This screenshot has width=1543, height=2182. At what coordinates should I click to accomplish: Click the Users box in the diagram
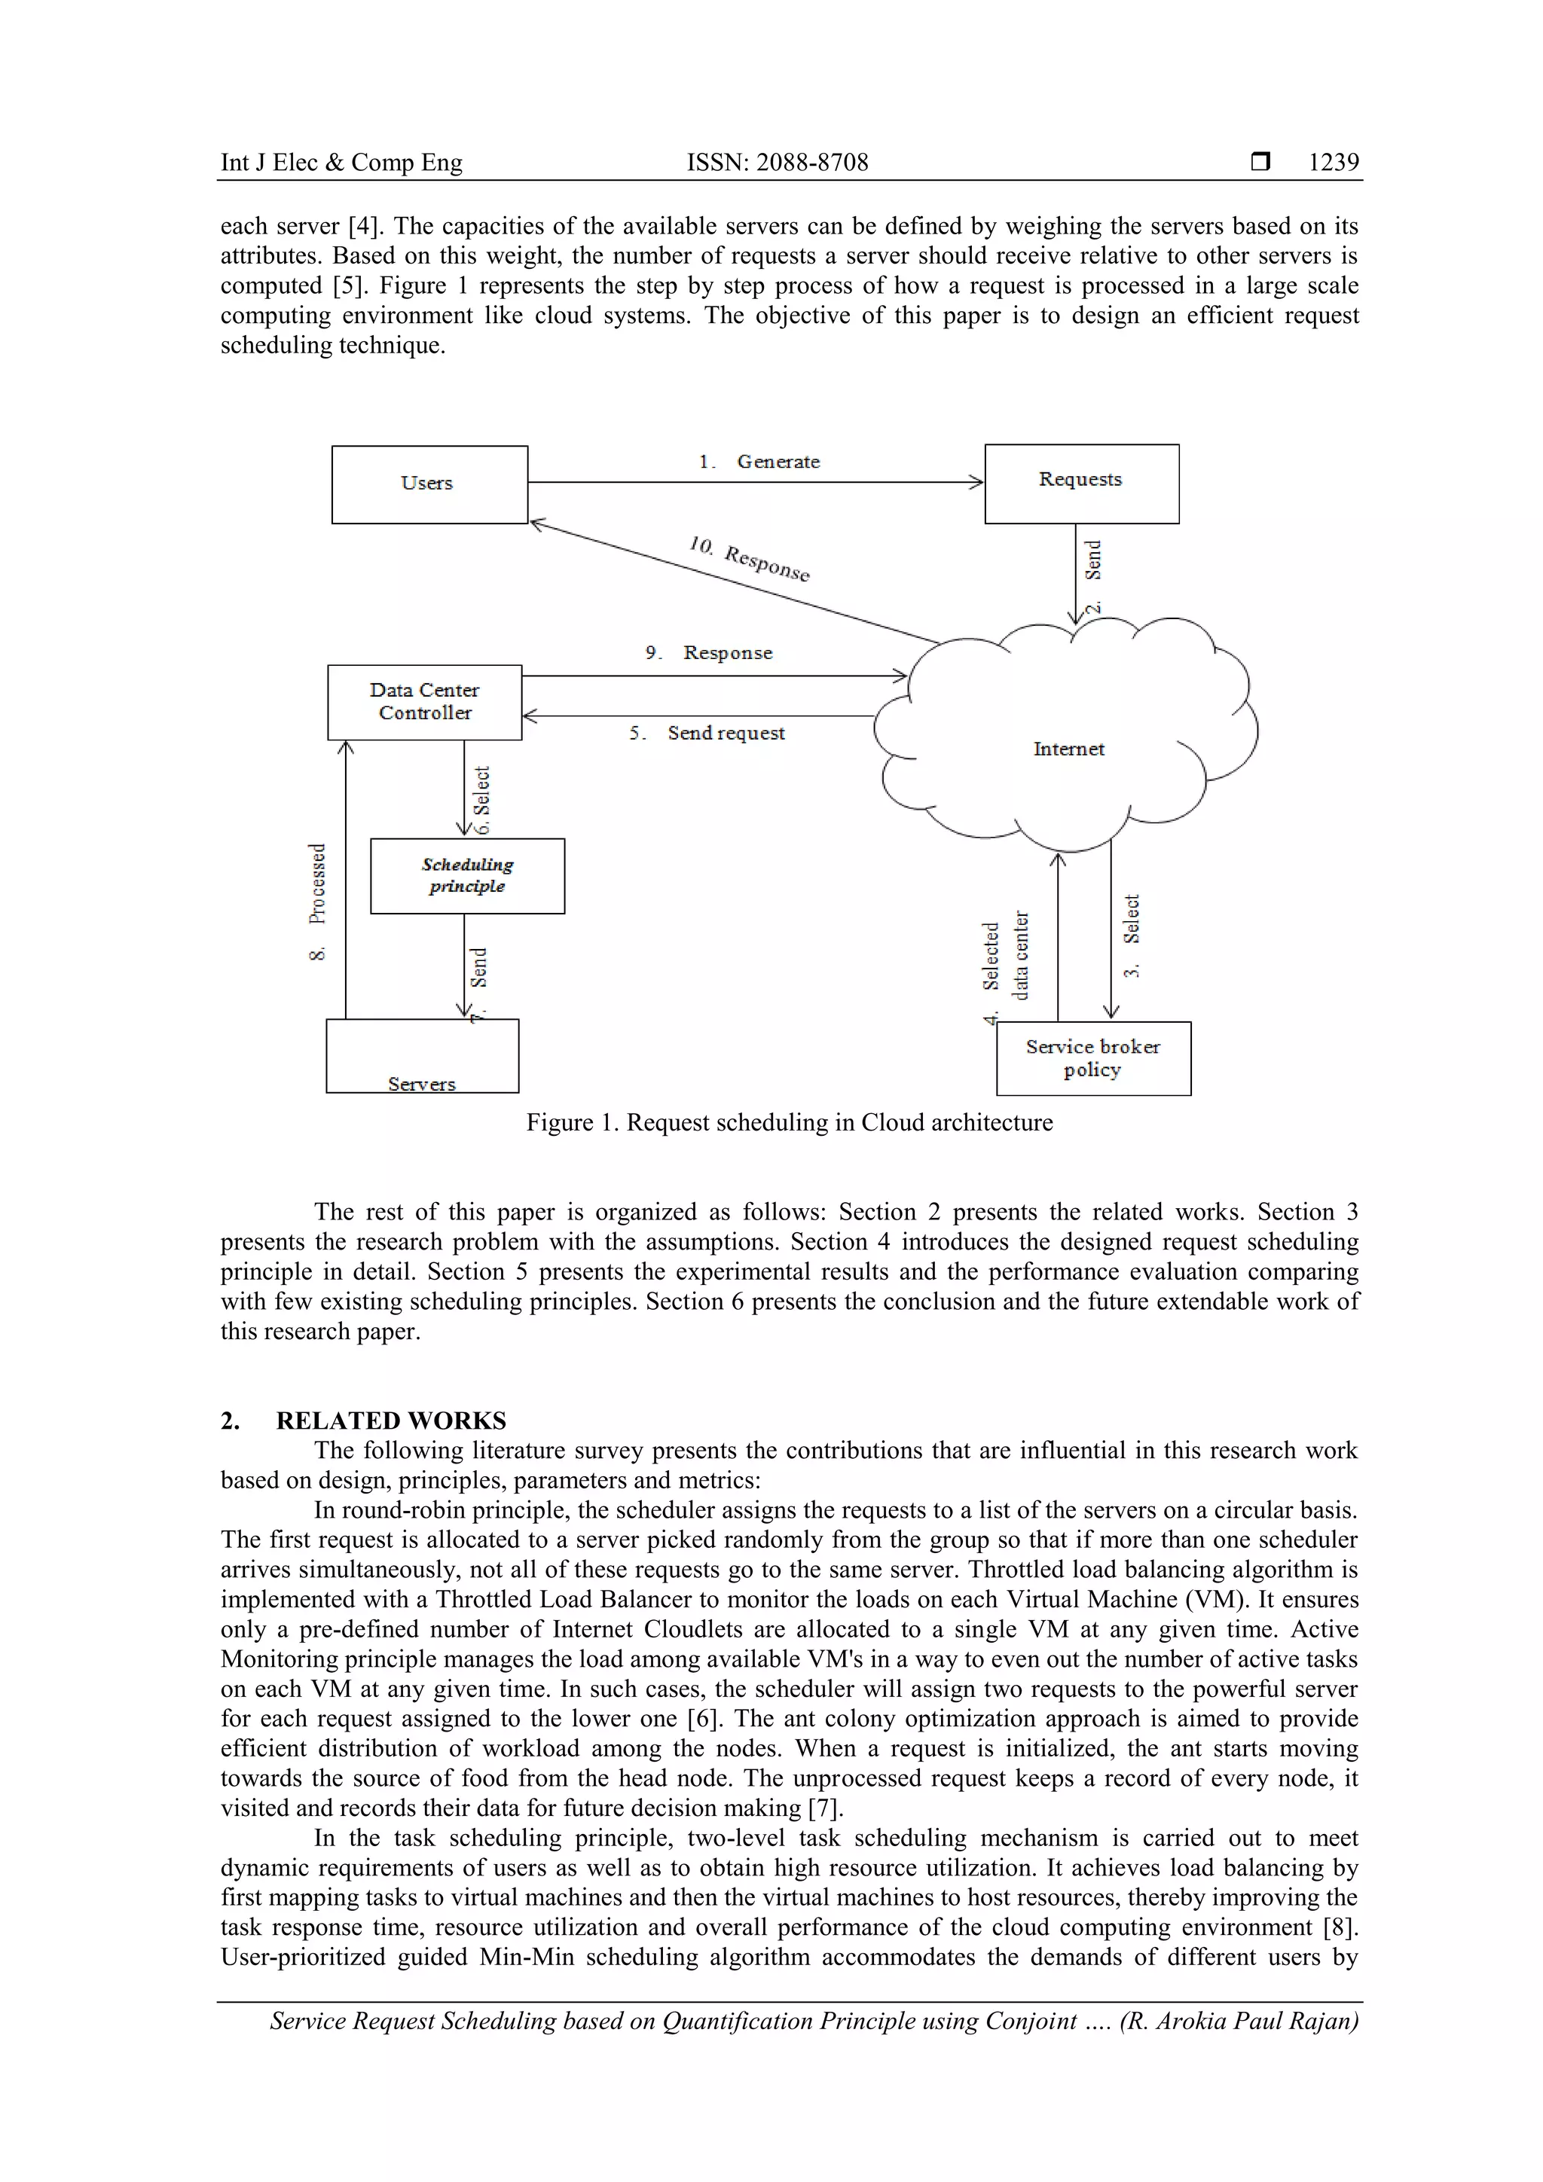coord(429,484)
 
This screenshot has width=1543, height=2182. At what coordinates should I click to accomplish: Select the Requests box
coord(1081,483)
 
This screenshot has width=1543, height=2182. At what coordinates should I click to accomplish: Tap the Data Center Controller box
coord(424,701)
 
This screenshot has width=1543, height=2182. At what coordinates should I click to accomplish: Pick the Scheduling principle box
coord(467,875)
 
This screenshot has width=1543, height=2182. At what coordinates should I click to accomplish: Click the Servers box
coord(422,1056)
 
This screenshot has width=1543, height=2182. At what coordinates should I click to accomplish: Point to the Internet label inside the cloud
coord(1068,749)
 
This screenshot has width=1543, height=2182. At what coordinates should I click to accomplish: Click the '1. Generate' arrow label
coord(759,462)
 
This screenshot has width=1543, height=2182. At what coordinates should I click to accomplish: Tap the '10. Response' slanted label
coord(749,559)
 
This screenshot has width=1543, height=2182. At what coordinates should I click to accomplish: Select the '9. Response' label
coord(709,653)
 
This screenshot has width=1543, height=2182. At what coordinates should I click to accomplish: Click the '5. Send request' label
coord(707,733)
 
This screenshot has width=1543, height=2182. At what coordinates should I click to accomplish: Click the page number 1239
coord(1333,163)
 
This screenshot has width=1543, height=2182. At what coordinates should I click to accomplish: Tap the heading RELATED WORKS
coord(391,1420)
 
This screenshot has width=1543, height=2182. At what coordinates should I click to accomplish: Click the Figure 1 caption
coord(789,1122)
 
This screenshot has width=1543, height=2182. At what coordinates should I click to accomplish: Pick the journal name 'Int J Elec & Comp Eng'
coord(341,163)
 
